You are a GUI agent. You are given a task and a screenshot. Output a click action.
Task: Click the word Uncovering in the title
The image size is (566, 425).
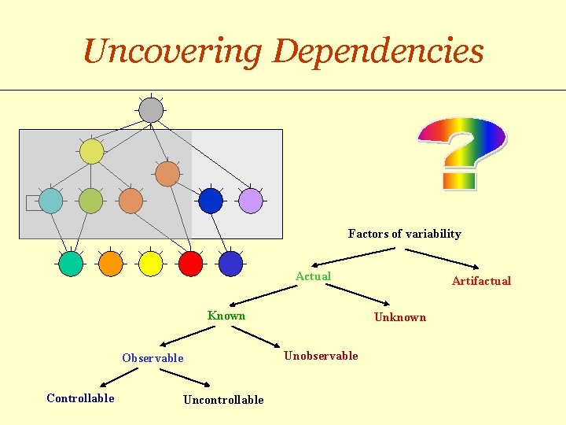point(172,52)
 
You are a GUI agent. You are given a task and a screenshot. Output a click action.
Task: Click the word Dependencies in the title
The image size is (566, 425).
point(378,52)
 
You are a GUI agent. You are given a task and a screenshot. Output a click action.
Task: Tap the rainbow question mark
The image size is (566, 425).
point(461,153)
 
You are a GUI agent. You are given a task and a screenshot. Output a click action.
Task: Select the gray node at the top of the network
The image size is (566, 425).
point(151,109)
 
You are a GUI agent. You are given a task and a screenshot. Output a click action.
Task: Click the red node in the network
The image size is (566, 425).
point(190,263)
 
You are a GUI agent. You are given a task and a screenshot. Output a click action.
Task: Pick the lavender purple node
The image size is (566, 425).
point(250,201)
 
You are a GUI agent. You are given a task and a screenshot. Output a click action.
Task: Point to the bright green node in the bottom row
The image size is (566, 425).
point(71,264)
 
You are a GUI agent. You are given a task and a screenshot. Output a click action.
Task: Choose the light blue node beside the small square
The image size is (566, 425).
point(51,201)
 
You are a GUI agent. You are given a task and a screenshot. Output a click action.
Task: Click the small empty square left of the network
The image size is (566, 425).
point(32,203)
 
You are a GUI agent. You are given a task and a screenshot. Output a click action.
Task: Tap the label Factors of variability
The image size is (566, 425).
point(404,234)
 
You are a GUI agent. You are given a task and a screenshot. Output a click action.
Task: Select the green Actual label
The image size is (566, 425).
point(313,276)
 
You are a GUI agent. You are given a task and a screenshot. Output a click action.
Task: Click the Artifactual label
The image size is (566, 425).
point(480,281)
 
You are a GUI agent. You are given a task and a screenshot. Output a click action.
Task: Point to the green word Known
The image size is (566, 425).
point(226,316)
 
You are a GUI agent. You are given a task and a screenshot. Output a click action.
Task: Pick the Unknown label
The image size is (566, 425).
point(399,317)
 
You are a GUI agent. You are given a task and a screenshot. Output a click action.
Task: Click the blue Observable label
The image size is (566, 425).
point(153,358)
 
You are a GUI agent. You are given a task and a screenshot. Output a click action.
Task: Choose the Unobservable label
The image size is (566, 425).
point(321,356)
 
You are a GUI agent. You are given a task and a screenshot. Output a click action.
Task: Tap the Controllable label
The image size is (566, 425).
point(80,398)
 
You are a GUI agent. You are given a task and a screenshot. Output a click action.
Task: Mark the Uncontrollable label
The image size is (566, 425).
point(223,400)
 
